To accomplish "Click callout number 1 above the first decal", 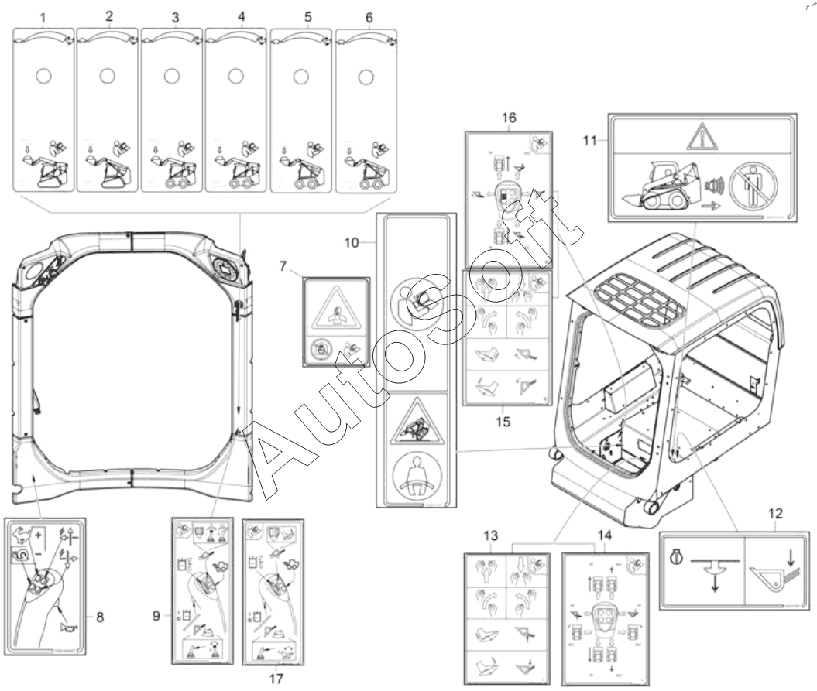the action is pos(43,16).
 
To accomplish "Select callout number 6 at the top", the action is pos(369,16).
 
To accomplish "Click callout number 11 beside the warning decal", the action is pos(590,142).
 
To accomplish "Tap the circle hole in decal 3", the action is pos(172,76).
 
